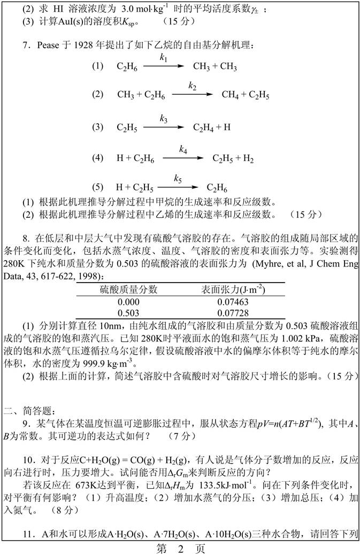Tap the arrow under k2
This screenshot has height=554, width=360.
(192, 94)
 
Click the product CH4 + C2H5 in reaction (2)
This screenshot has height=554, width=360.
(246, 95)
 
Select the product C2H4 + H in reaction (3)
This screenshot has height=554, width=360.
(212, 127)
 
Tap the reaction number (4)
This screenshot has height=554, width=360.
(97, 158)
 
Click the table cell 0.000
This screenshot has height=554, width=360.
(128, 301)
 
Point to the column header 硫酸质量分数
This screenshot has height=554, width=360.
(129, 290)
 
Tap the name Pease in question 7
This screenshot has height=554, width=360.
(48, 45)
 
